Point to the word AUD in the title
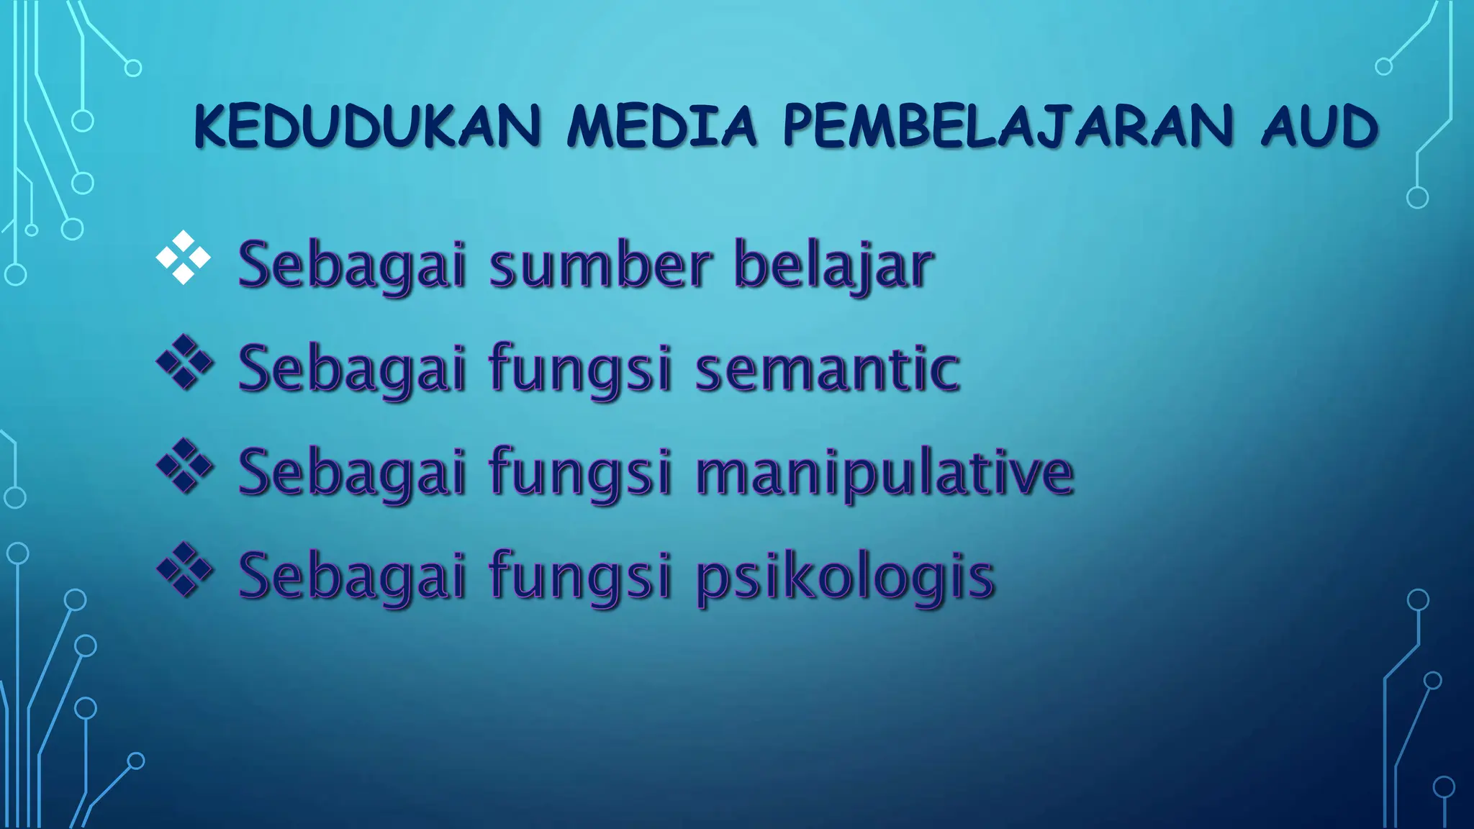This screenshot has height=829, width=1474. point(1319,128)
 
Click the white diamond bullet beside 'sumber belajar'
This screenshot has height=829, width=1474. point(184,258)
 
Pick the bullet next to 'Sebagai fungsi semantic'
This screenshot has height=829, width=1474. point(184,363)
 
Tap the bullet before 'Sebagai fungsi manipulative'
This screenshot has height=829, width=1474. point(184,467)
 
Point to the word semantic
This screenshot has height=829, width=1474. point(827,368)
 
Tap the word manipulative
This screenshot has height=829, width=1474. point(885,474)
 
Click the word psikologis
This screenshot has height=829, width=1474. point(845,578)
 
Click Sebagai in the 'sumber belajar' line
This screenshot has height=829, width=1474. point(353,266)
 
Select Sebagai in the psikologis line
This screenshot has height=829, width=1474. point(353,578)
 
